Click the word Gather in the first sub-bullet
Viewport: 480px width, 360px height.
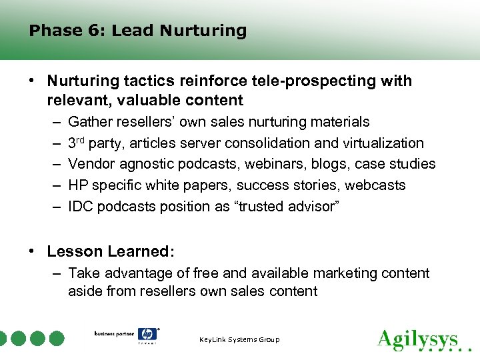(89, 122)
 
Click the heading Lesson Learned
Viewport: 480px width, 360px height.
(111, 252)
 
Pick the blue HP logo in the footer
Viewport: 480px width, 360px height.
(147, 335)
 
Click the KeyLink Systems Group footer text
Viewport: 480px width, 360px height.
(239, 340)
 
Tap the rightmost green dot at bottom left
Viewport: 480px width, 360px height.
(57, 338)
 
